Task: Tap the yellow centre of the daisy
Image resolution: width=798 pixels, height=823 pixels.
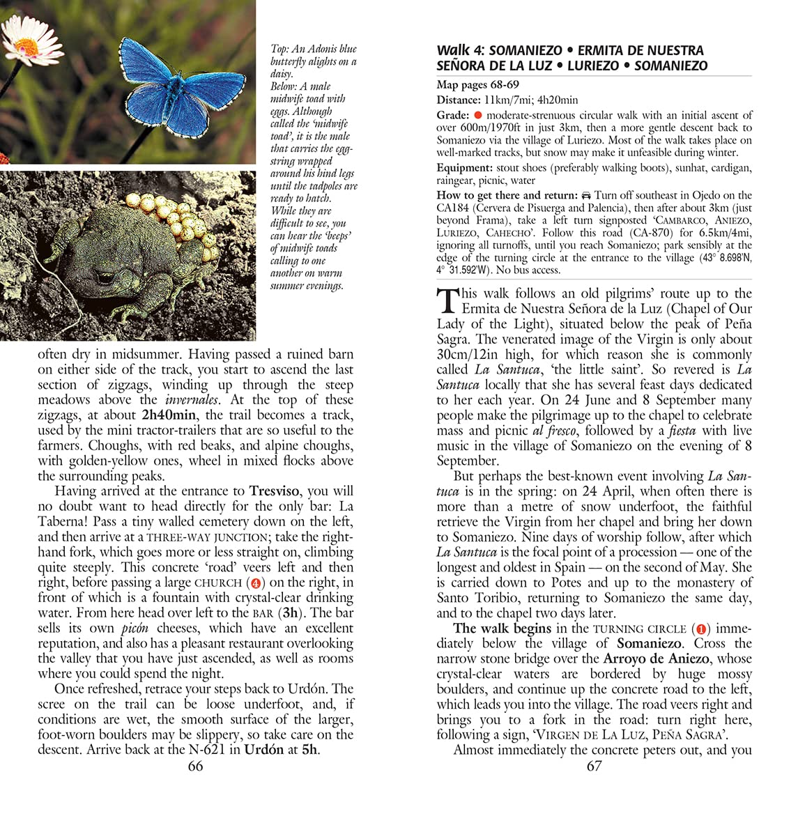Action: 26,47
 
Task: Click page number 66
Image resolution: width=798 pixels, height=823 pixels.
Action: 195,766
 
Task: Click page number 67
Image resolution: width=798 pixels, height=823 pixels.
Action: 594,766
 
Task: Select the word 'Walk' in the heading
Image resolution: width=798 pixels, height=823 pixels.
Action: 453,50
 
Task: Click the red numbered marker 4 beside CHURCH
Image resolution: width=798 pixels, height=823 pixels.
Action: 257,583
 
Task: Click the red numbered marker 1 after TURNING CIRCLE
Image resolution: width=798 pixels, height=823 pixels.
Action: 702,629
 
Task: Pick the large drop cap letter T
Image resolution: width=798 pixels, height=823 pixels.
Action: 447,301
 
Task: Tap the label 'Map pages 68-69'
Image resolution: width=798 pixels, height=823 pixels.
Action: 477,86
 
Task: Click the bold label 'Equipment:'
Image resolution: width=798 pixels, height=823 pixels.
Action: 463,168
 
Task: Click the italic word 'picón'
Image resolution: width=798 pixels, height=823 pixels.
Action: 135,628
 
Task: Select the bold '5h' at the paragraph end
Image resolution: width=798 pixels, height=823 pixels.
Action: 310,750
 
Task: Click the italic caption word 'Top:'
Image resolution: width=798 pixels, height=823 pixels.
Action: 279,49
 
